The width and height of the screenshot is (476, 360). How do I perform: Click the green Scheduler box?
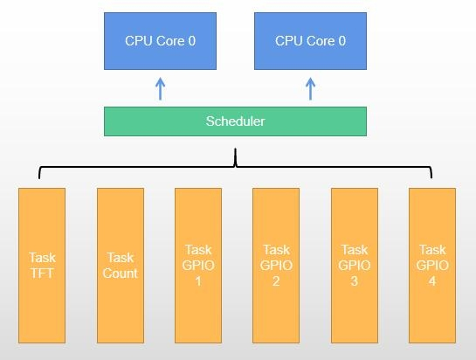tap(235, 121)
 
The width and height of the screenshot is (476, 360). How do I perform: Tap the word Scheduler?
tap(235, 121)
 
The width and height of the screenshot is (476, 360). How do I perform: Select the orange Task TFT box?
tap(42, 266)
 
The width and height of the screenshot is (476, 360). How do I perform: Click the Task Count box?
tap(121, 266)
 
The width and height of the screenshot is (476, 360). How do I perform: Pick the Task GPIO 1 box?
tap(198, 266)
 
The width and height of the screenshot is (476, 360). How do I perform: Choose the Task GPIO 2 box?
tap(276, 266)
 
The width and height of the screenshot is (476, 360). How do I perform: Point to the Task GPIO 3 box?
tap(355, 266)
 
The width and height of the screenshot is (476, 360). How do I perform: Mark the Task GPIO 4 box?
tap(432, 266)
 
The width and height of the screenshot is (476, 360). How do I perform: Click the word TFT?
tap(42, 273)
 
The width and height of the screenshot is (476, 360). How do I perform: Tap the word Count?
tap(121, 273)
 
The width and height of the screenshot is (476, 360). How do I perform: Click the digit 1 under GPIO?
tap(198, 281)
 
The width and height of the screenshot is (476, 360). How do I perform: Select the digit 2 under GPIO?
tap(276, 281)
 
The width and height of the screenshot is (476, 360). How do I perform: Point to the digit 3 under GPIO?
tap(355, 281)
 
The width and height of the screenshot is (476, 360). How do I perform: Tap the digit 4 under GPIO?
tap(432, 281)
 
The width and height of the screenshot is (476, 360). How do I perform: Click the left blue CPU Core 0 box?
tap(161, 41)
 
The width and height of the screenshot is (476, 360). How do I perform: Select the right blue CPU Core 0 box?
tap(311, 41)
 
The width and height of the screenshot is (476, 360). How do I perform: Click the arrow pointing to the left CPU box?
tap(161, 89)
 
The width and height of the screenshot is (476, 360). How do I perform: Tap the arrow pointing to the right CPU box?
tap(310, 89)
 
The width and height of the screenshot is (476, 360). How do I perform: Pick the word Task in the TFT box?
tap(43, 258)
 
